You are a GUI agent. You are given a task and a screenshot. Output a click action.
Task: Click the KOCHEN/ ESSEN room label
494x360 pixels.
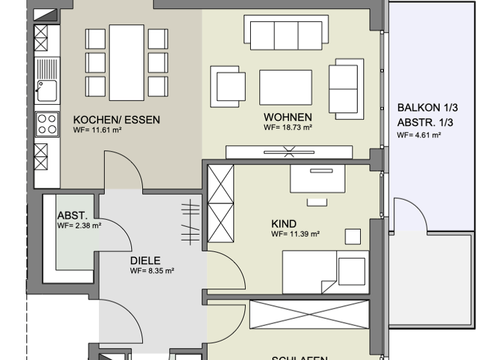click(x=116, y=120)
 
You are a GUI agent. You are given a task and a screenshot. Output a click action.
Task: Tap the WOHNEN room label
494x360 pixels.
click(x=288, y=117)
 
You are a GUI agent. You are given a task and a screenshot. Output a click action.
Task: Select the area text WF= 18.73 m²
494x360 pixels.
click(x=288, y=127)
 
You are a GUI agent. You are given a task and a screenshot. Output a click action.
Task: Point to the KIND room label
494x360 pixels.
click(x=283, y=224)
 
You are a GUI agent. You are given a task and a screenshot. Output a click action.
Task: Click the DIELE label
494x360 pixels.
click(x=145, y=261)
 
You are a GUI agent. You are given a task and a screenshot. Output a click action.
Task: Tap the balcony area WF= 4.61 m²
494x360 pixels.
click(x=419, y=135)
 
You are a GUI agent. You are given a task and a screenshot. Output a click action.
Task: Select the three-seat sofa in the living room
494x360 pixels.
click(x=283, y=32)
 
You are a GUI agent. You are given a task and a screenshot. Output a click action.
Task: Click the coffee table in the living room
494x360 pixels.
click(x=286, y=87)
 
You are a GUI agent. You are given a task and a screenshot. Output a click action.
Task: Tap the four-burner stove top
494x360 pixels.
click(x=46, y=123)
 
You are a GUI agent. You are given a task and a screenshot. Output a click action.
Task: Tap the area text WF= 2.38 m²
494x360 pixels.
click(x=79, y=226)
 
